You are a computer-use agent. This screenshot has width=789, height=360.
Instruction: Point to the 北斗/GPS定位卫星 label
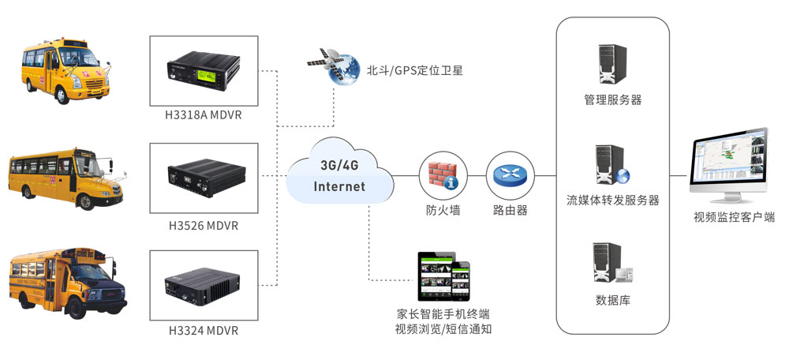[x=414, y=70]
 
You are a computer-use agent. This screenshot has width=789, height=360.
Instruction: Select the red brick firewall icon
[x=443, y=174]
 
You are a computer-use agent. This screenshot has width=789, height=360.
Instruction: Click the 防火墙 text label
[x=443, y=210]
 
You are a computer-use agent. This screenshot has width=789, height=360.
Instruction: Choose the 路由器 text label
[x=510, y=210]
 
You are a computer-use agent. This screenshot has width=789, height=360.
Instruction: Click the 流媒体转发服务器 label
[x=613, y=201]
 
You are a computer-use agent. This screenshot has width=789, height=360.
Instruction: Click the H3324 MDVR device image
[x=203, y=285]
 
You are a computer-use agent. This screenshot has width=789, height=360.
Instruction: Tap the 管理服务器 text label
[x=613, y=100]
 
